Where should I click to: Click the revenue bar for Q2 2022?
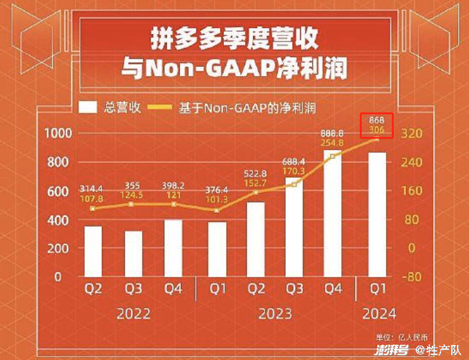(x=93, y=251)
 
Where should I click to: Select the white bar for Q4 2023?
(x=333, y=213)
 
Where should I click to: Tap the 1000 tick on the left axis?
(x=57, y=133)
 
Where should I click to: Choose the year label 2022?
(x=133, y=314)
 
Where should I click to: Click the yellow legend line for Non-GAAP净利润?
(x=161, y=107)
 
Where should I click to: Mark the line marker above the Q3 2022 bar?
(x=132, y=204)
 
